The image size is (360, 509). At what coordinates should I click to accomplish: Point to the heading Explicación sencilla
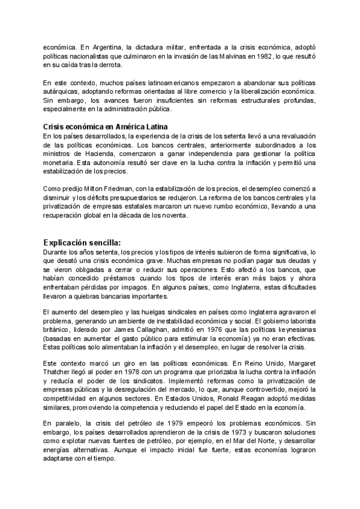(x=82, y=242)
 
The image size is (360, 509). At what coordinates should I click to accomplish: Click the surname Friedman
(x=112, y=188)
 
